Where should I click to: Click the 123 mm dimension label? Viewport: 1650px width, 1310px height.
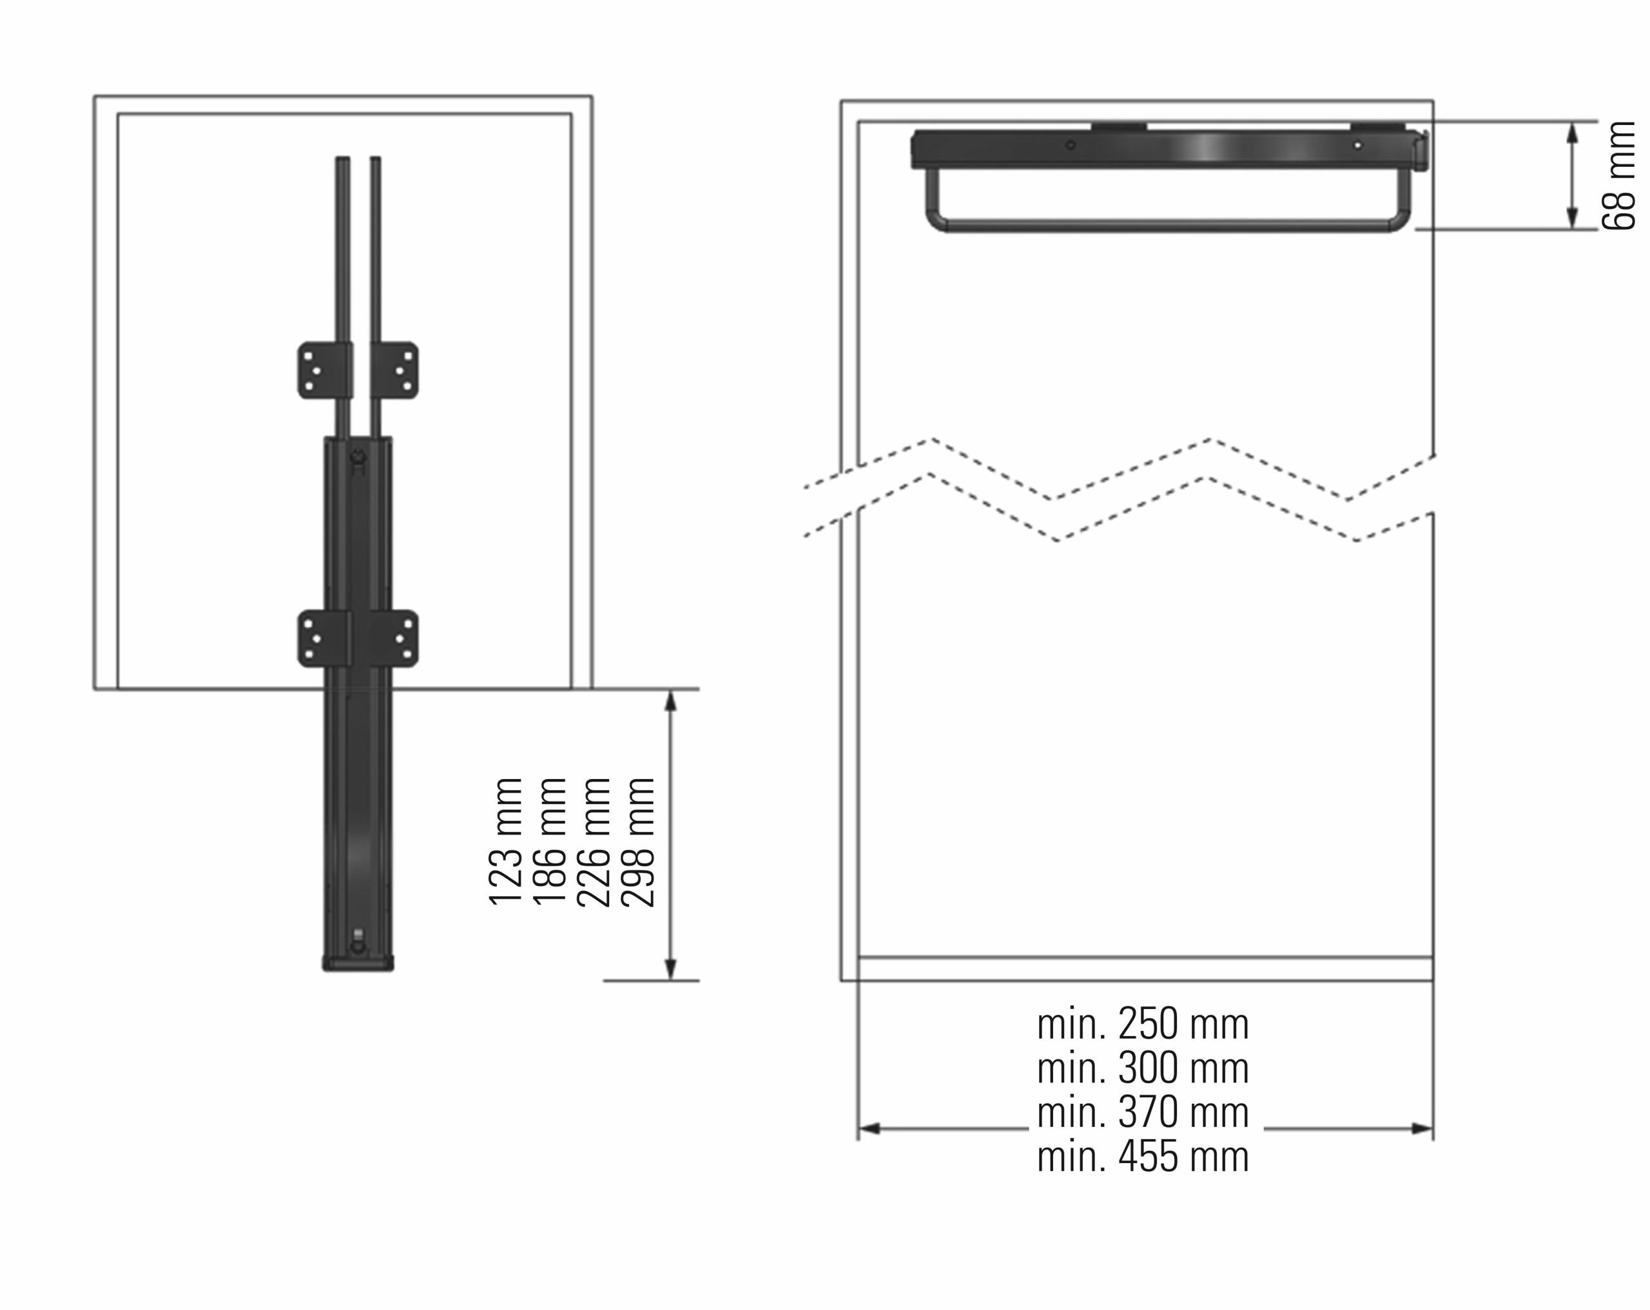point(506,842)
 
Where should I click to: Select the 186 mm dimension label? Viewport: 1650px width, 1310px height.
point(550,842)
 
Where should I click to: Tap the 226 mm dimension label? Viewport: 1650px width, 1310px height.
point(594,842)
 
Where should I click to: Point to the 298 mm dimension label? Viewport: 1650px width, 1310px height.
point(638,842)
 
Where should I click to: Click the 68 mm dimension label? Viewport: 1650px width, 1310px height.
point(1618,175)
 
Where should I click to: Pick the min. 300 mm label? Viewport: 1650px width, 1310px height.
point(1143,1068)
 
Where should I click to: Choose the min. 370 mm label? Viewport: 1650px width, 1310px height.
point(1143,1113)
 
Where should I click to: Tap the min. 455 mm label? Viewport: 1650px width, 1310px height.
point(1143,1156)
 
